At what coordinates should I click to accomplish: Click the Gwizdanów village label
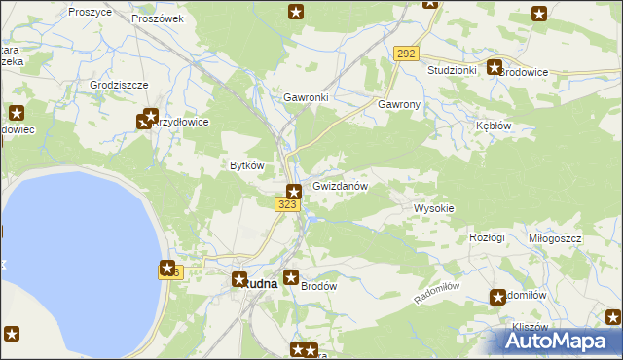(x=340, y=186)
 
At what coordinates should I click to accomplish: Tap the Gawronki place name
(x=306, y=98)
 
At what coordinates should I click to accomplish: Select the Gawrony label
(x=399, y=104)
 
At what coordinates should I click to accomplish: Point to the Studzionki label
(x=452, y=71)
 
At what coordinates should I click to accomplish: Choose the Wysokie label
(x=434, y=209)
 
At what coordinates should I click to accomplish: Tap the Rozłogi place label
(x=487, y=237)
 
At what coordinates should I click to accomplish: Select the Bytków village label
(x=246, y=165)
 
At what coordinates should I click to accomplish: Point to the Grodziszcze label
(x=118, y=85)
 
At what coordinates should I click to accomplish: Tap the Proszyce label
(x=90, y=12)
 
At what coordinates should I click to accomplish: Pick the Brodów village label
(x=318, y=286)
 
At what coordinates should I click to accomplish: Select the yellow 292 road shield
(x=407, y=54)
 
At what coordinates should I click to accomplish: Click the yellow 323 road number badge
(x=286, y=204)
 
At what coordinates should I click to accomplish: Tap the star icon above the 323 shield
(x=293, y=191)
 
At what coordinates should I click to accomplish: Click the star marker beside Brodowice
(x=495, y=68)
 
